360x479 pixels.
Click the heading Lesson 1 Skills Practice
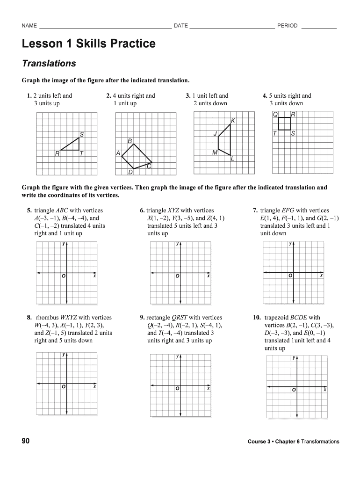88,44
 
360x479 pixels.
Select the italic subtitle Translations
49,63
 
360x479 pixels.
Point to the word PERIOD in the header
287,26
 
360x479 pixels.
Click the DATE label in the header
181,26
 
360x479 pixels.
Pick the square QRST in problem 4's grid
284,123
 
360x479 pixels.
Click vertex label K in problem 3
233,121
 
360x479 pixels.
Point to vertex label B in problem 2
130,141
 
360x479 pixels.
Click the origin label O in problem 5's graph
63,276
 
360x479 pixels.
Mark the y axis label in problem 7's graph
290,243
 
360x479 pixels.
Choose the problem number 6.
142,210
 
